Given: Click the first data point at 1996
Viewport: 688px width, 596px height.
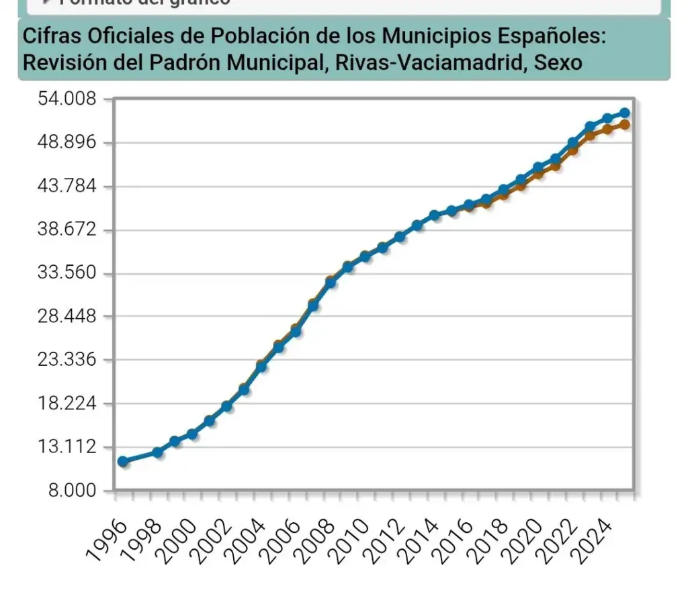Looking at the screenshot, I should click(122, 461).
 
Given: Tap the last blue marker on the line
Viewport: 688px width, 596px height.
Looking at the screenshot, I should click(625, 113).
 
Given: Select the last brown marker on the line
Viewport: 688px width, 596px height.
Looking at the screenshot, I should click(625, 124).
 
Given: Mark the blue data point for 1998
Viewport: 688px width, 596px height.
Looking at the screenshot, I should click(157, 452).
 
